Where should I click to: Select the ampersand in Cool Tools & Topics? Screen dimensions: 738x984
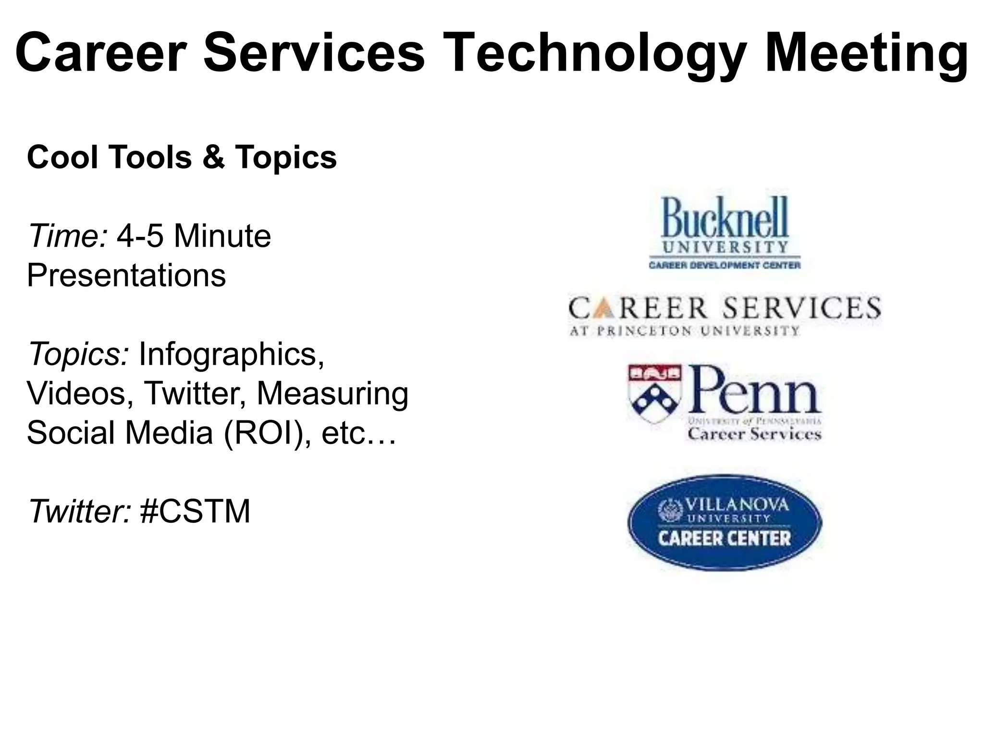(213, 157)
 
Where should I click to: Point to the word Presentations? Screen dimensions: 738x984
(126, 275)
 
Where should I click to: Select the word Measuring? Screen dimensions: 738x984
(332, 394)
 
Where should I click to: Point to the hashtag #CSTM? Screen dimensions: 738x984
(195, 511)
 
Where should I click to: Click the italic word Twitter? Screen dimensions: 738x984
(80, 511)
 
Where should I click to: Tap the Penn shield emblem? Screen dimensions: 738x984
(654, 393)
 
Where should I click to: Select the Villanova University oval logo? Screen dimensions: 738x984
(725, 522)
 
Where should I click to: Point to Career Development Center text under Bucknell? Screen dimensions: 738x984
(725, 265)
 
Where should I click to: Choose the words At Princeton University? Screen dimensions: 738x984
(684, 331)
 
